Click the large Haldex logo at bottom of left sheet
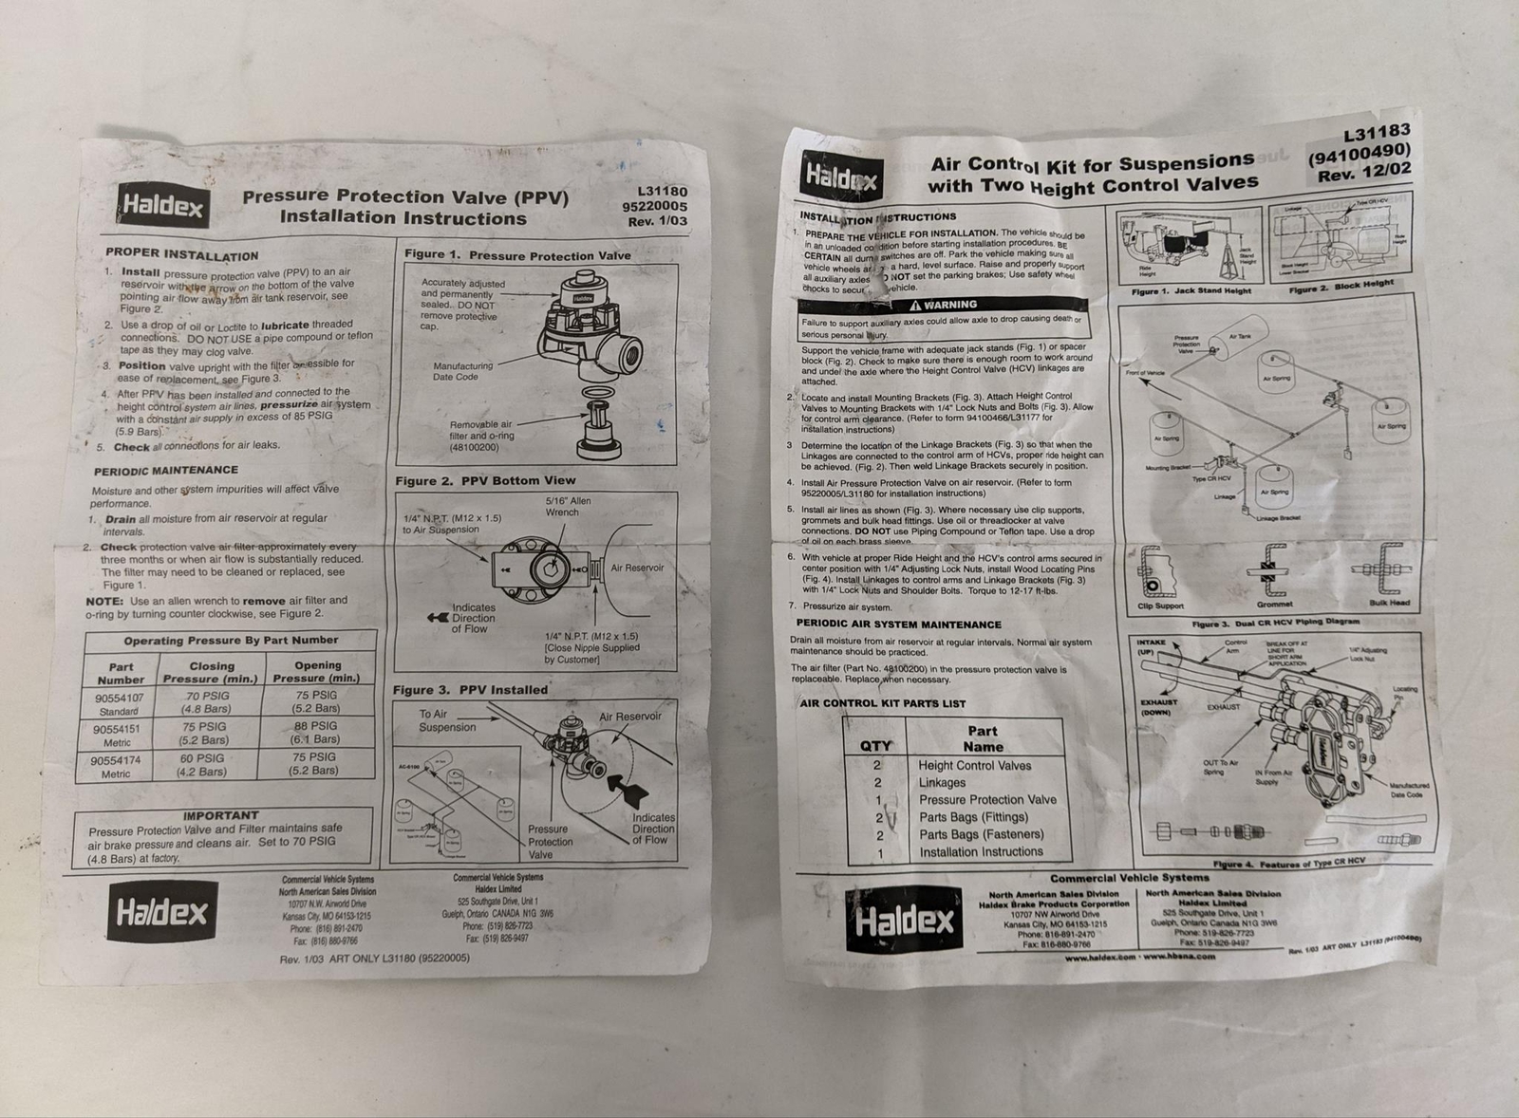(x=161, y=912)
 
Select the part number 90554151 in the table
(x=117, y=730)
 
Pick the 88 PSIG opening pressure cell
(x=316, y=732)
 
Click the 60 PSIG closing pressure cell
(x=202, y=764)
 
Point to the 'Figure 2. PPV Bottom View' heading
(x=485, y=480)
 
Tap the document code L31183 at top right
(x=1377, y=132)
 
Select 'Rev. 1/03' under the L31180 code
(x=657, y=221)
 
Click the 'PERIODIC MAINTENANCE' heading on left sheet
(x=166, y=471)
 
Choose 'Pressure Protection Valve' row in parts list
(x=987, y=799)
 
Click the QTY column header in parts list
(x=875, y=746)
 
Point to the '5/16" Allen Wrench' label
(x=568, y=506)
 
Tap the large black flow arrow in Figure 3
(x=624, y=784)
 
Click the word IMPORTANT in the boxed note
(x=220, y=814)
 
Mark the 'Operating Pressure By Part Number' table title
(x=231, y=641)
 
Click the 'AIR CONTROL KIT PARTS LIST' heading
(x=882, y=703)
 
